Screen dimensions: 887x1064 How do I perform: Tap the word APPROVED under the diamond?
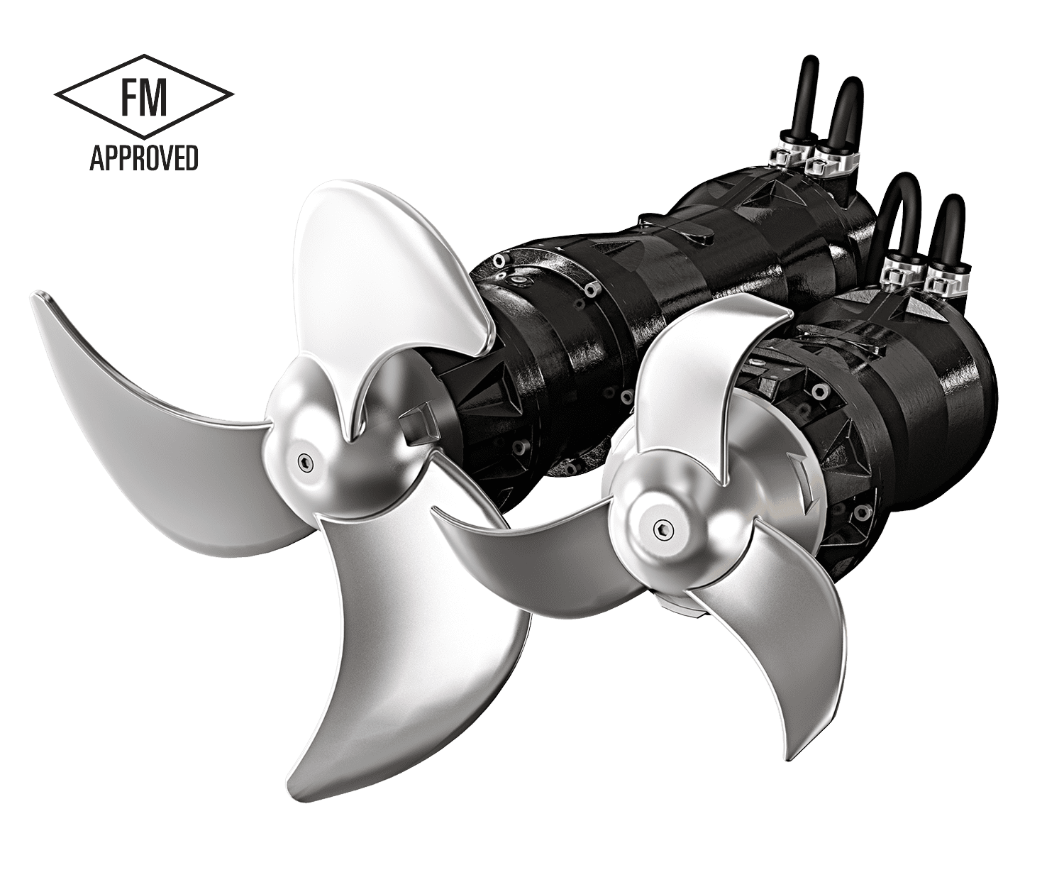click(144, 158)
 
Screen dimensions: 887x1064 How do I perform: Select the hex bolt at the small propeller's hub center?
click(663, 527)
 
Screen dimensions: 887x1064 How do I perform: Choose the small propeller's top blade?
click(702, 369)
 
